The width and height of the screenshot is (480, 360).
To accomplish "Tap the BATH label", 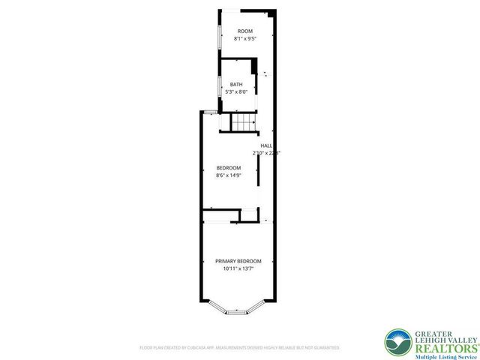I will (x=236, y=85).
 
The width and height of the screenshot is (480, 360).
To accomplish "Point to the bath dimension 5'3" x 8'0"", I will (x=236, y=91).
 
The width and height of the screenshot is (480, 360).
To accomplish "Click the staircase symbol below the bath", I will (x=242, y=121).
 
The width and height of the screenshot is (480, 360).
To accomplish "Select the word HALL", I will (x=266, y=145).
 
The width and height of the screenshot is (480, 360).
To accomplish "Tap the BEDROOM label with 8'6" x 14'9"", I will (x=228, y=167).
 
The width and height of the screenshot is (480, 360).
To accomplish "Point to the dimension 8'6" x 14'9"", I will (x=228, y=175).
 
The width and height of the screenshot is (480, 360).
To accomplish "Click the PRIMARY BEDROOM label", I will (x=238, y=261).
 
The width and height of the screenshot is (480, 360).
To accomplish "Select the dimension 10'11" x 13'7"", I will (x=238, y=268).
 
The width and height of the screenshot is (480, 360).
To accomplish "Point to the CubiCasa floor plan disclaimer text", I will (x=239, y=347).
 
